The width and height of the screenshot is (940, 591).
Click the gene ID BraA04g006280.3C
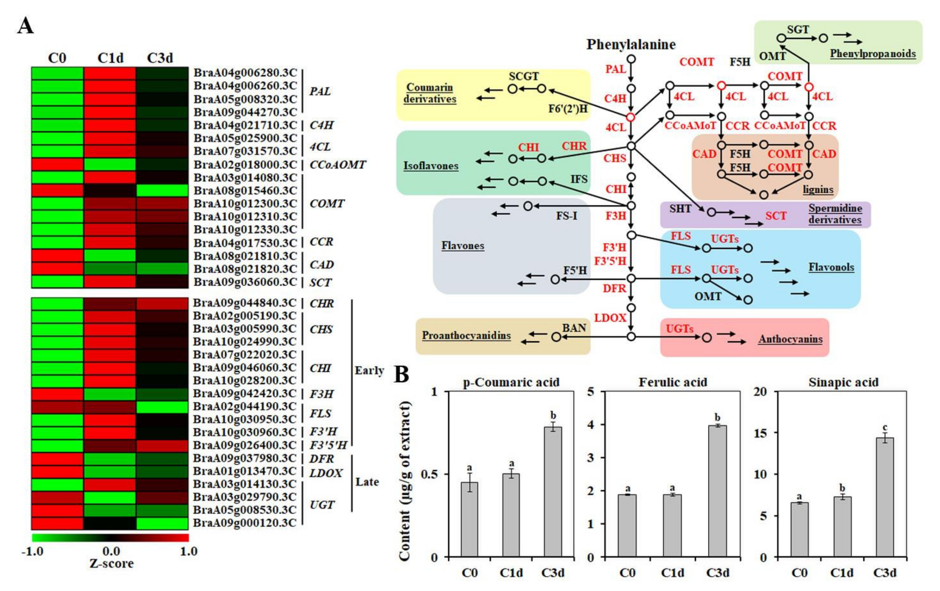click(245, 73)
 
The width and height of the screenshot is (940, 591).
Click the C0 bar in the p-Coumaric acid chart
click(469, 519)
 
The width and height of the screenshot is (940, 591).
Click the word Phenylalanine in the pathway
click(631, 45)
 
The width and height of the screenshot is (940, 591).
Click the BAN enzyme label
click(574, 328)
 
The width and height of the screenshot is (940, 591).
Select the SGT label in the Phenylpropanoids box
click(798, 29)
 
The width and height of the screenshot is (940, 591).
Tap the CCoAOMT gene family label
click(338, 165)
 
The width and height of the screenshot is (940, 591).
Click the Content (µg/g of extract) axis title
click(405, 480)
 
